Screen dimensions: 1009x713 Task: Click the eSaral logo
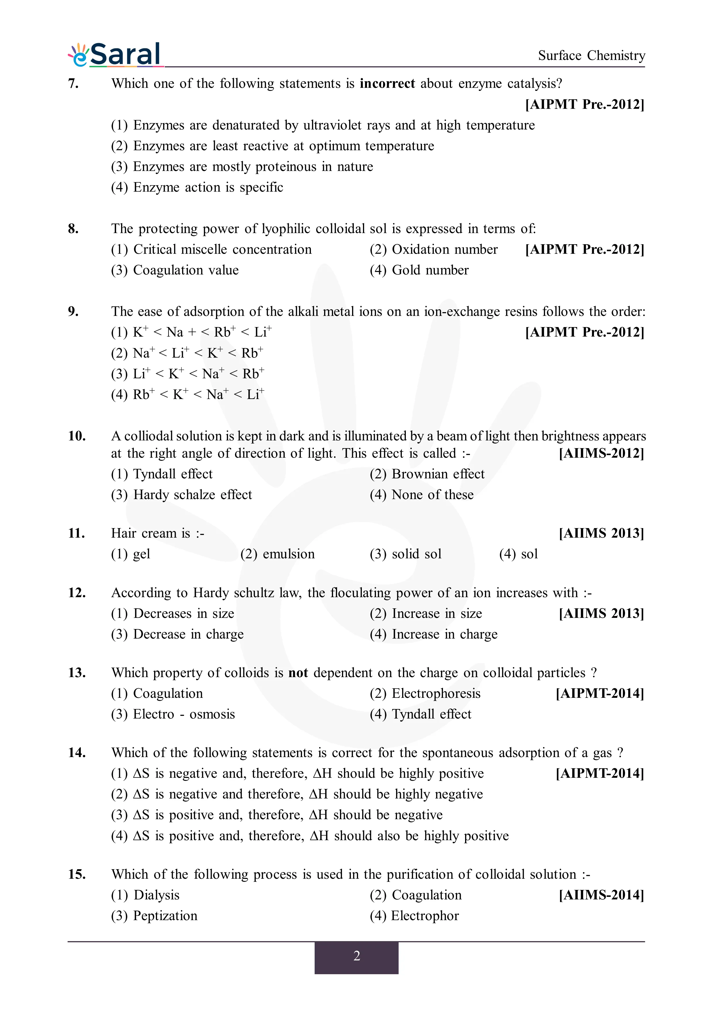click(115, 55)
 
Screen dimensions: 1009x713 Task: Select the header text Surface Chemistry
click(591, 56)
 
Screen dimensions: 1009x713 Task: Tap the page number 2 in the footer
click(356, 956)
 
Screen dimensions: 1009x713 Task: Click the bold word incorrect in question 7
click(387, 83)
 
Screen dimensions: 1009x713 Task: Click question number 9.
click(73, 311)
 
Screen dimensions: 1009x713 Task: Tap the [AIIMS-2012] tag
click(601, 453)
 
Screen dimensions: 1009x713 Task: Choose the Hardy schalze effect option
click(181, 494)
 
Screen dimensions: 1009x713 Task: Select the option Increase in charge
click(434, 634)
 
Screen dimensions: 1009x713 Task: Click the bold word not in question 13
click(298, 672)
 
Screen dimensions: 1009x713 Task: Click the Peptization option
click(154, 916)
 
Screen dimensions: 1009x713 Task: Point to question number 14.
click(77, 752)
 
